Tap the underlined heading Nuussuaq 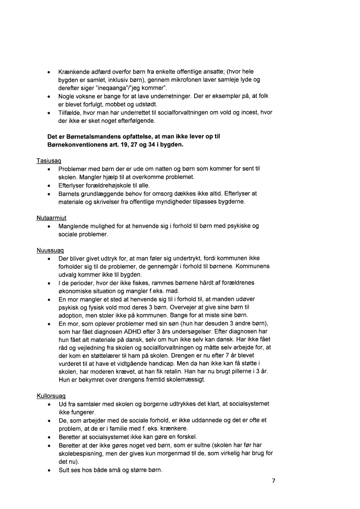click(x=50, y=251)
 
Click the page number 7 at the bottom click(x=273, y=481)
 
